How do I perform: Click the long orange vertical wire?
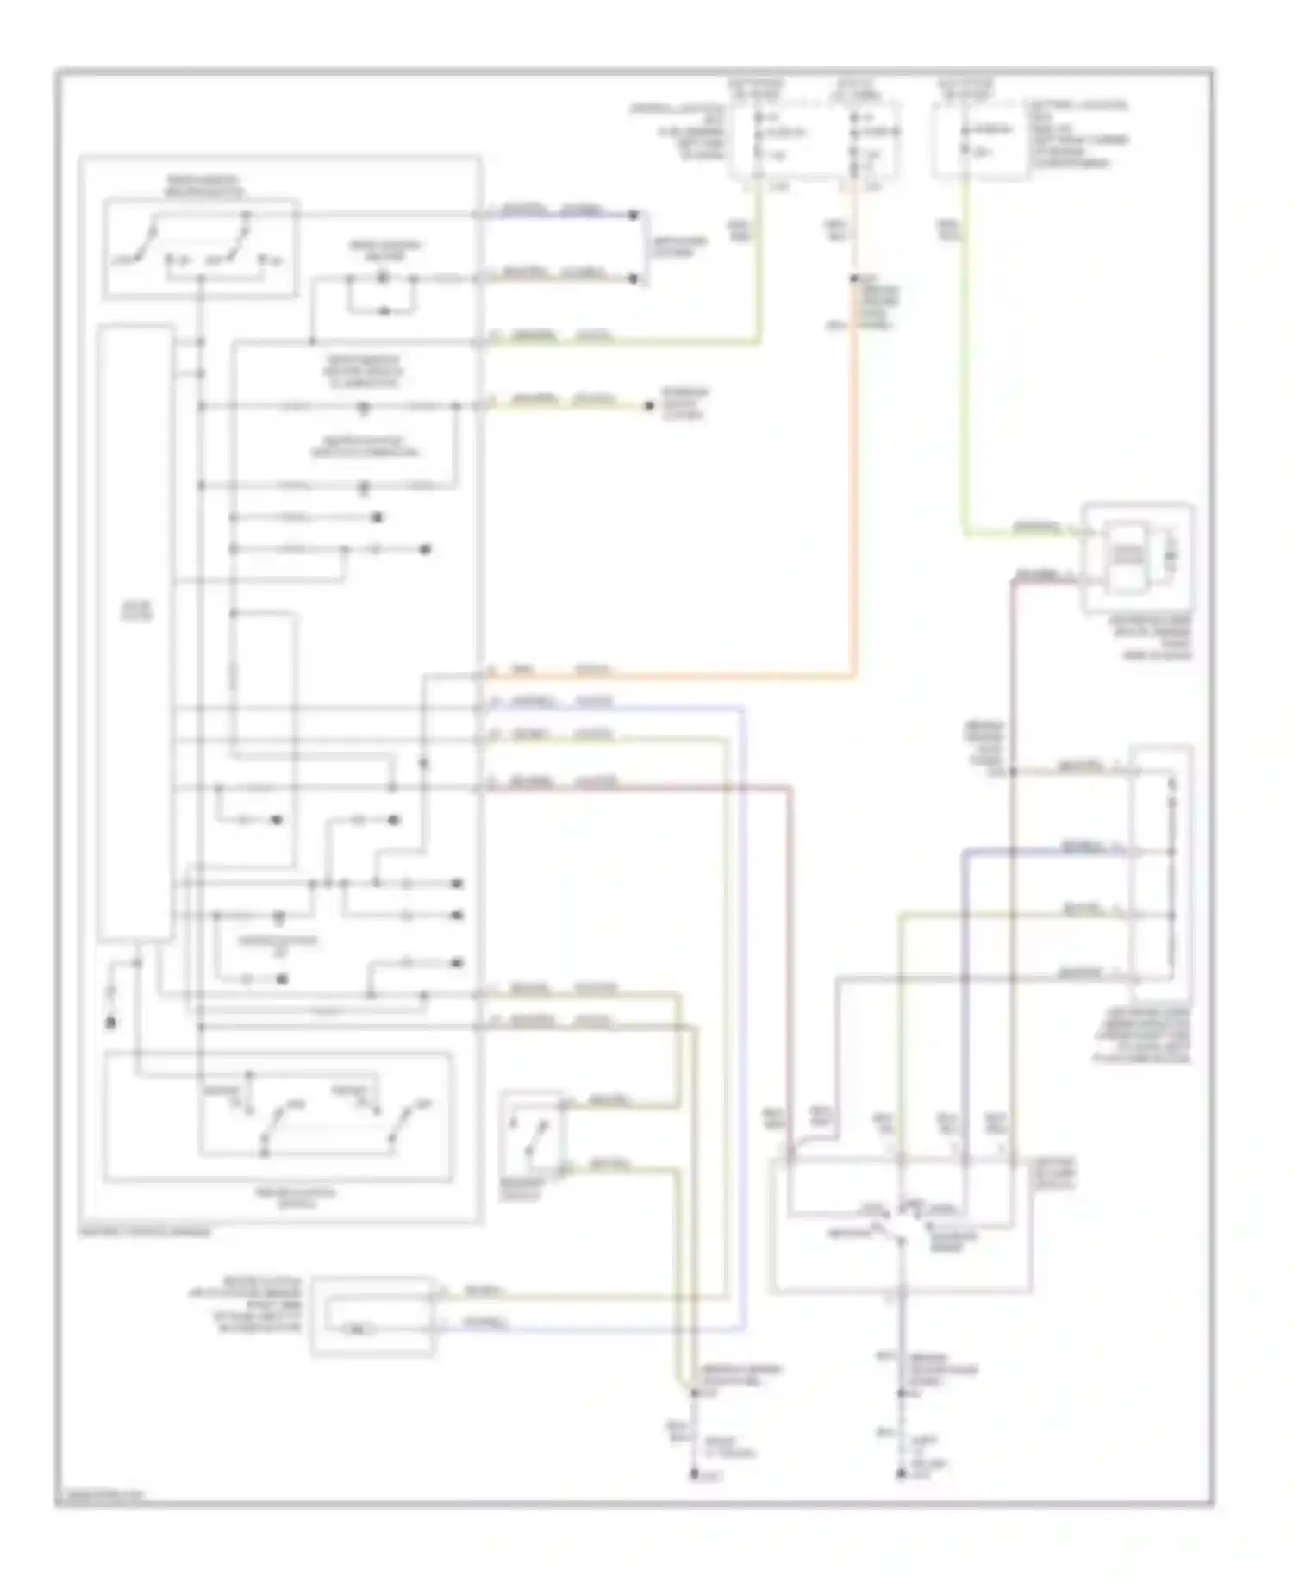[x=854, y=483]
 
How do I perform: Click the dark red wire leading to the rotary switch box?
[x=790, y=948]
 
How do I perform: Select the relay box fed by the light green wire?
[x=1138, y=559]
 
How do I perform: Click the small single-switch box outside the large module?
[x=532, y=1135]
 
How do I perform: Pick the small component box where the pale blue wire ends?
[x=373, y=1316]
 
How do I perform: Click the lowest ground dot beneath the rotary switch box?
[x=900, y=1475]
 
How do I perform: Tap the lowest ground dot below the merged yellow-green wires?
[x=694, y=1475]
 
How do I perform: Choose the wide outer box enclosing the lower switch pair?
[x=278, y=1116]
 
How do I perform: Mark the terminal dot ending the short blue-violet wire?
[x=634, y=215]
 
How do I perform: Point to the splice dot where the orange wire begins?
[x=854, y=278]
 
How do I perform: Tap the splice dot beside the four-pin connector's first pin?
[x=1014, y=772]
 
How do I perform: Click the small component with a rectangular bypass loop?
[x=383, y=293]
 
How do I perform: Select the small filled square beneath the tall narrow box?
[x=110, y=1023]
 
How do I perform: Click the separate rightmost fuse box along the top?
[x=981, y=141]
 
